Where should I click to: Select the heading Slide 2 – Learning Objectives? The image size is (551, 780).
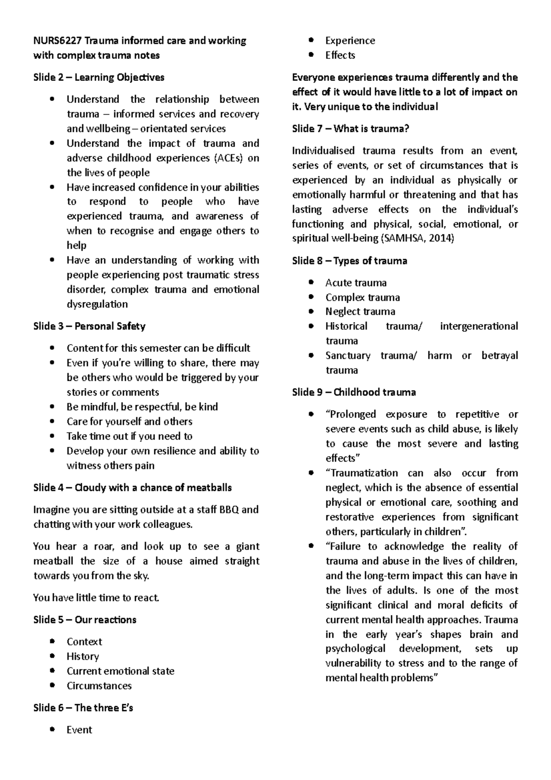tap(99, 77)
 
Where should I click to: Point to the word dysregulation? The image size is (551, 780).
tap(97, 304)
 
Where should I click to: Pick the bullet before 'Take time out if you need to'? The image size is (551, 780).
tap(54, 436)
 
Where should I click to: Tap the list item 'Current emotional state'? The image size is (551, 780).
tap(120, 671)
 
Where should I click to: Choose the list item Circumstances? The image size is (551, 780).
tap(99, 686)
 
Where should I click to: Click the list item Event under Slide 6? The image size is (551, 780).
tap(79, 730)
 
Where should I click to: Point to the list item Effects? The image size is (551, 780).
tap(340, 55)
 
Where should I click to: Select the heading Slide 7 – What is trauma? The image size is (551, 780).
tap(350, 129)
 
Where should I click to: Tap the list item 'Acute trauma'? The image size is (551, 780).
tap(356, 283)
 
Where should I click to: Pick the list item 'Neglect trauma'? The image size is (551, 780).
tap(360, 311)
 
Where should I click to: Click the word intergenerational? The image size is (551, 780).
tap(478, 326)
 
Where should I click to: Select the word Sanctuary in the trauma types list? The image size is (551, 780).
tap(348, 356)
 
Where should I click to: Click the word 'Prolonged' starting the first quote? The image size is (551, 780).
tap(350, 414)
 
